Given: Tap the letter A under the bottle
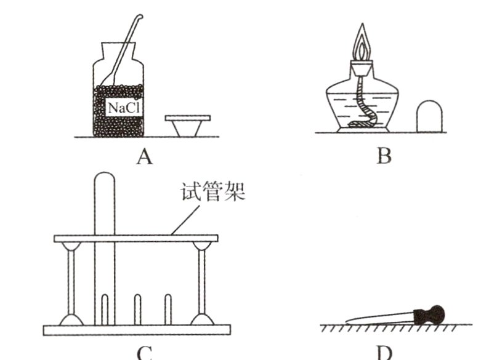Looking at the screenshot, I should (143, 158).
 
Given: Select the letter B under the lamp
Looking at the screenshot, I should (384, 157).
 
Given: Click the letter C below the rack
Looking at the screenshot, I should (144, 353).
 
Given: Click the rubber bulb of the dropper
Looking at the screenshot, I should (430, 316).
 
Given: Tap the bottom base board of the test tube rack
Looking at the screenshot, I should (137, 330).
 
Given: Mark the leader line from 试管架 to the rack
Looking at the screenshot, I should (185, 220).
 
